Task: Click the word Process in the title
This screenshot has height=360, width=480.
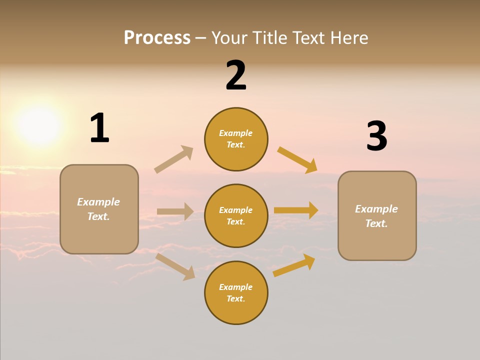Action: coord(157,38)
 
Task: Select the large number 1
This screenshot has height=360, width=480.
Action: coord(99,128)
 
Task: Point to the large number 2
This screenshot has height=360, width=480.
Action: coord(236,75)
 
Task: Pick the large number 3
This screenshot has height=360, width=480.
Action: coord(376,136)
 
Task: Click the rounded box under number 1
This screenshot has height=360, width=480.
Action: coord(99,209)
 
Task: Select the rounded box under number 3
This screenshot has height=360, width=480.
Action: coord(377,215)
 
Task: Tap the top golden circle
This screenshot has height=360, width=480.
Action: coord(236,139)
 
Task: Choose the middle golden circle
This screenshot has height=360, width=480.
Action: coord(236,215)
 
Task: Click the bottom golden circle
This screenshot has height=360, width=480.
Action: coord(236,292)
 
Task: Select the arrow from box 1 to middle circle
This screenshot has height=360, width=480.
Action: coord(175,211)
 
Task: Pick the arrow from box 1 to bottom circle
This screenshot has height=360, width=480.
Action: coord(175,266)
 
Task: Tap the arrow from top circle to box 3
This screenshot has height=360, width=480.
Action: coord(297,160)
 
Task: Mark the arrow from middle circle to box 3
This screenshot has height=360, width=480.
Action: coord(296,210)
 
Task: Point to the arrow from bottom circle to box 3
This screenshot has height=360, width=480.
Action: coord(294,265)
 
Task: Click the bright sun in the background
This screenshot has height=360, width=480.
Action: coord(39,125)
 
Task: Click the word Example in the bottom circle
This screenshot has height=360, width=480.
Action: coord(236,287)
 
